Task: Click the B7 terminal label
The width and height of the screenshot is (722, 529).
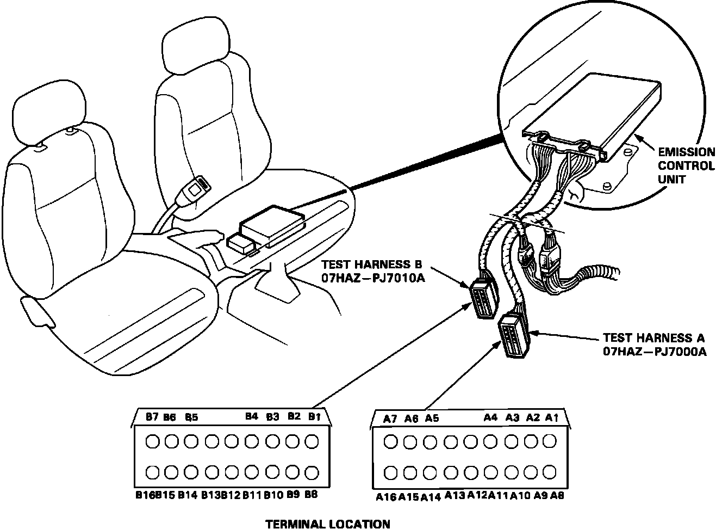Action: (152, 417)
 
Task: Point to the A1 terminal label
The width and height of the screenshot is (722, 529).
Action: (552, 418)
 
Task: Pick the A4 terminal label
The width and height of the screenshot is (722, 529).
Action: (490, 418)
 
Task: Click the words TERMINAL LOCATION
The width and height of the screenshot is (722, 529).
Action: (327, 524)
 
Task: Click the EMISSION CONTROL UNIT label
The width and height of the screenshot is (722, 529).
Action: (686, 166)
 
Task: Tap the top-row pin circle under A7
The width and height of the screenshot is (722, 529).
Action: (390, 441)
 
